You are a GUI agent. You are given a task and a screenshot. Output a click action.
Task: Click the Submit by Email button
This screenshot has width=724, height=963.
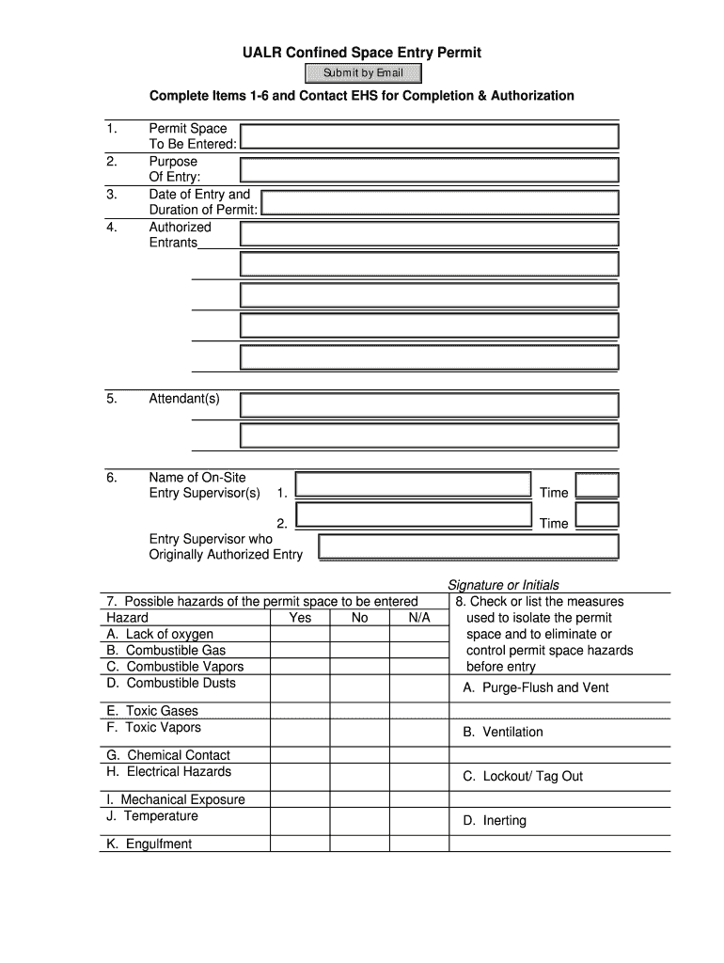pos(362,73)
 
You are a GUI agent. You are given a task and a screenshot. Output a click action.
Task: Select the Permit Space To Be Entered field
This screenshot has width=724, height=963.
pos(429,136)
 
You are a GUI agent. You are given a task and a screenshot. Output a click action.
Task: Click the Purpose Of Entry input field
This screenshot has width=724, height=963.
pos(429,169)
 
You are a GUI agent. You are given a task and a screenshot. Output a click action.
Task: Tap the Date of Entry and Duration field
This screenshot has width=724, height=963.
pos(439,202)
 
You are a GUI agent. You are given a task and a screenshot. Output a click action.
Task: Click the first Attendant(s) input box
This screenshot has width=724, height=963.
pos(429,405)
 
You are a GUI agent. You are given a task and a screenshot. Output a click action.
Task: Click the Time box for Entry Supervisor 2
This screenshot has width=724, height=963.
pos(597,515)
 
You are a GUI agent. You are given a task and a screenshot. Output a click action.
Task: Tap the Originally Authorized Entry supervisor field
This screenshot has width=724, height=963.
pos(468,546)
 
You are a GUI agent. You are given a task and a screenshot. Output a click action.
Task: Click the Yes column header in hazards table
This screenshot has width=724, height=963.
pos(300,618)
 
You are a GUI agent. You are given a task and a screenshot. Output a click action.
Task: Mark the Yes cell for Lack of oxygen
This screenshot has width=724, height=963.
pos(300,635)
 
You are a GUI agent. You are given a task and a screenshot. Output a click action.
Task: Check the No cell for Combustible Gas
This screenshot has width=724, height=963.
pos(359,651)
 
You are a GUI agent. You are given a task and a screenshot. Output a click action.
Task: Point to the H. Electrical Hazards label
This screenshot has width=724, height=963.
pos(168,771)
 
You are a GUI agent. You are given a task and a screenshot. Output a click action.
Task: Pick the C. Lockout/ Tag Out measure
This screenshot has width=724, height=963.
pos(523,776)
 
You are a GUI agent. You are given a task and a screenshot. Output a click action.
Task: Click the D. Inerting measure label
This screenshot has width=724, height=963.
pos(495,820)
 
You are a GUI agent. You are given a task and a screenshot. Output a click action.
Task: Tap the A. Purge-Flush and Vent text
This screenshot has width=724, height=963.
pos(536,687)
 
